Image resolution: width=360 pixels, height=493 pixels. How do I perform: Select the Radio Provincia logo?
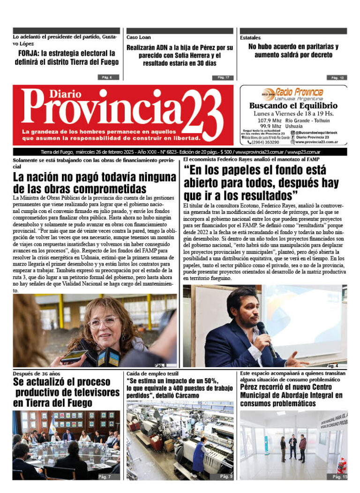coord(292,93)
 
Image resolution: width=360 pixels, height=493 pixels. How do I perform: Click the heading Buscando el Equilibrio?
coord(293,106)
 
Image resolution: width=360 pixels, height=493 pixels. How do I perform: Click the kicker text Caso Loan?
coord(138,37)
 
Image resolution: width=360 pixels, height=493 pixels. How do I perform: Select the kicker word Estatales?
coord(250,38)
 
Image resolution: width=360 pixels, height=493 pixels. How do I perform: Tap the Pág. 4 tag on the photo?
coord(332,365)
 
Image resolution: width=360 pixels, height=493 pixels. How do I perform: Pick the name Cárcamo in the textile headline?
coord(186,395)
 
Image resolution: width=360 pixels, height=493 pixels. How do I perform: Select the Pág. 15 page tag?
coord(339,477)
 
